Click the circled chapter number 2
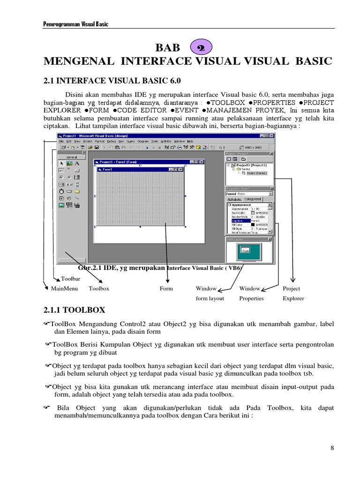202,47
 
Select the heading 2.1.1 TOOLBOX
74,310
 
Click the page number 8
332,448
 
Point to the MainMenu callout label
65,289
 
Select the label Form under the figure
166,289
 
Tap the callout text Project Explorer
293,293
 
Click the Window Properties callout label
252,293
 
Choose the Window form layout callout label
210,293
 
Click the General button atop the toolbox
71,157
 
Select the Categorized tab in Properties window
253,199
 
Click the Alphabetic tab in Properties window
234,199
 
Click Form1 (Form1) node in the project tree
256,173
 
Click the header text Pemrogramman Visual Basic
75,24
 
